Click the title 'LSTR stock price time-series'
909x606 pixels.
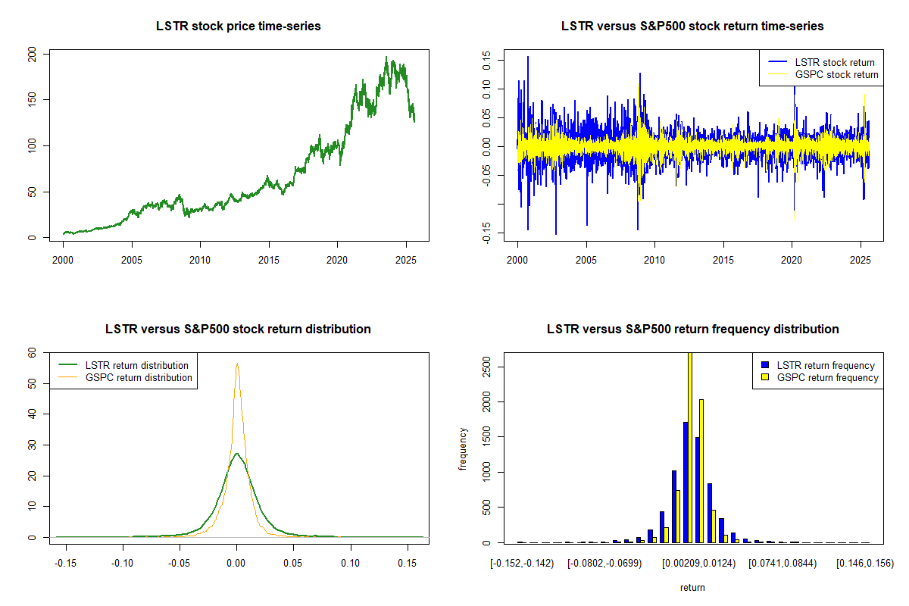click(238, 27)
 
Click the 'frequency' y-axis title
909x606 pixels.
click(463, 449)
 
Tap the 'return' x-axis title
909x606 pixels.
click(692, 587)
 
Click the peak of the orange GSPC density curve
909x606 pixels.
click(237, 364)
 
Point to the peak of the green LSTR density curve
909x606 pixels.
click(237, 454)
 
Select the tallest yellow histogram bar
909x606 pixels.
click(689, 447)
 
